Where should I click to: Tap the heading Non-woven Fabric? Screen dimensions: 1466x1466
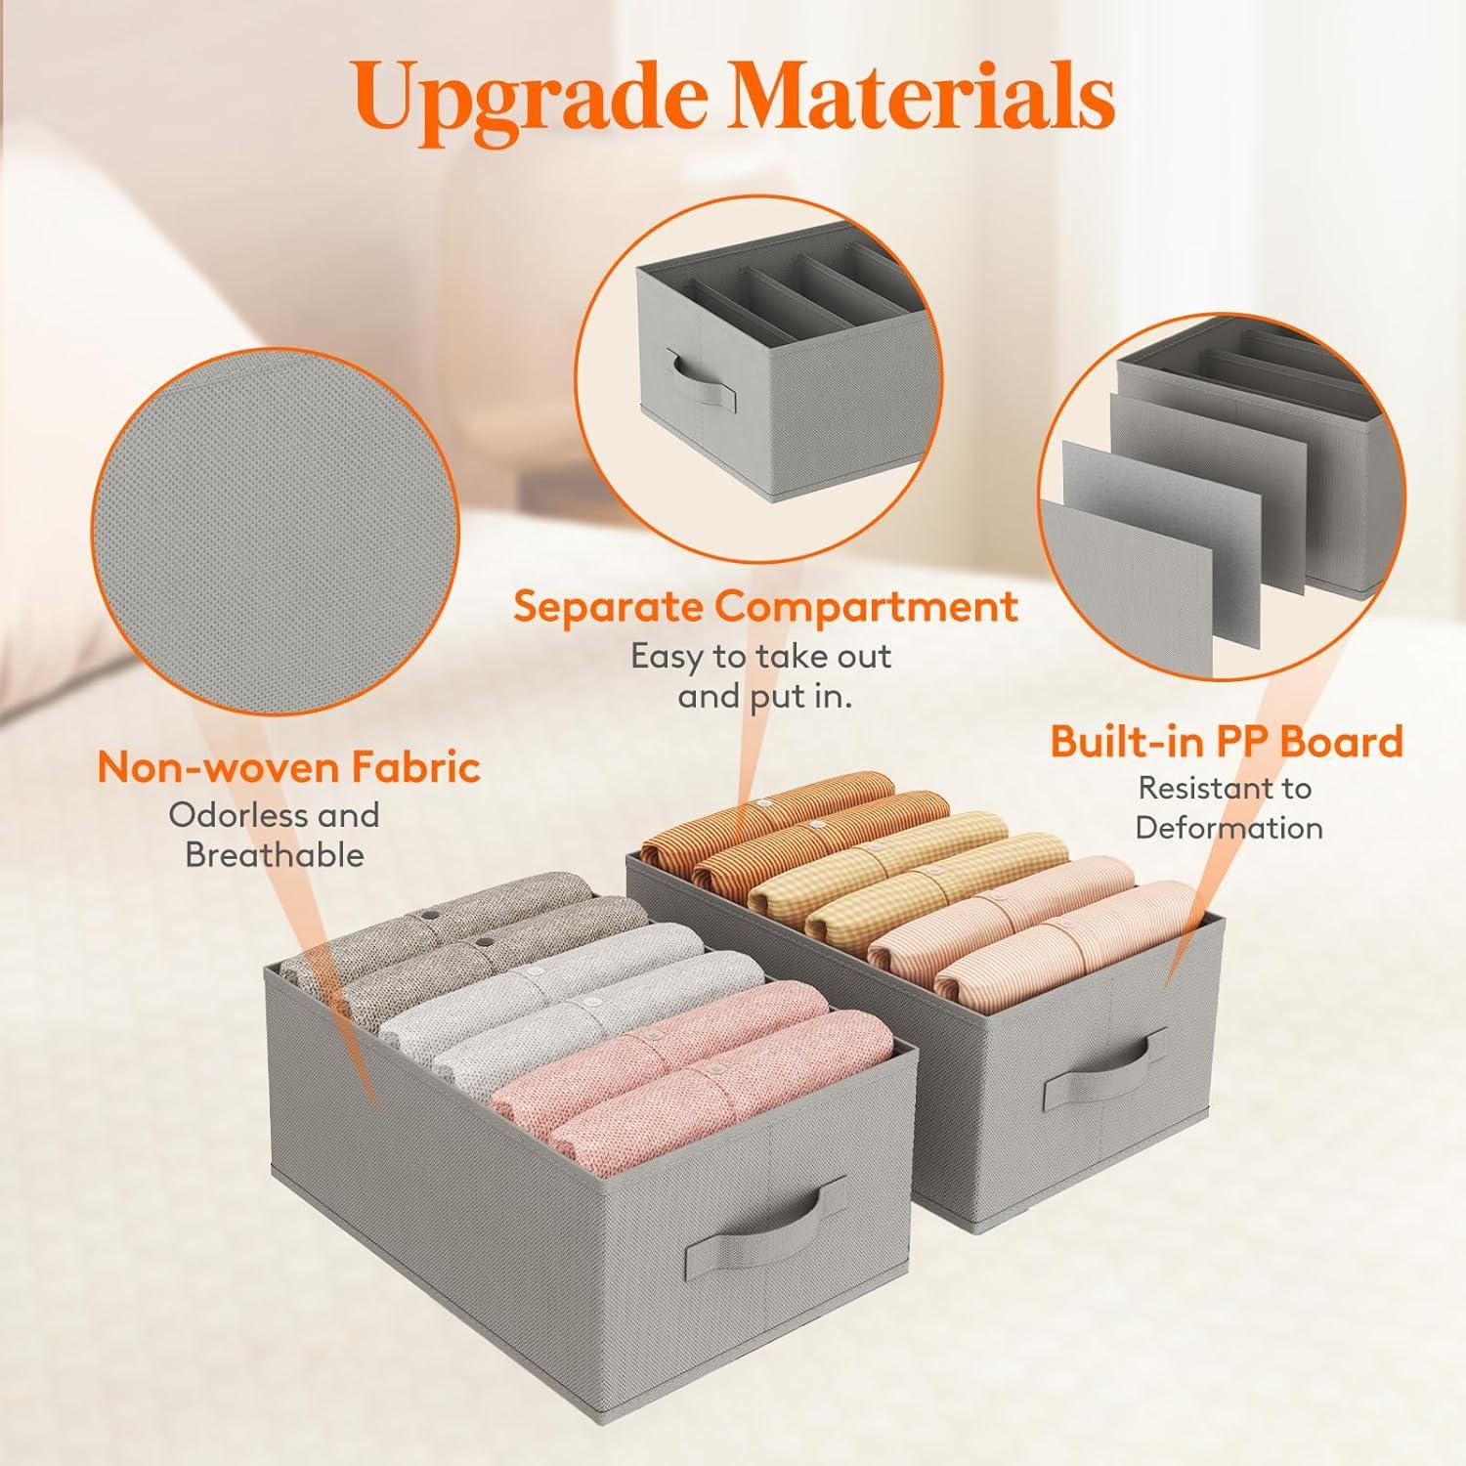(x=289, y=767)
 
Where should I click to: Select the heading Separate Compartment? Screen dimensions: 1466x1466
(x=766, y=607)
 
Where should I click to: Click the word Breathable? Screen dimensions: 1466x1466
(x=275, y=855)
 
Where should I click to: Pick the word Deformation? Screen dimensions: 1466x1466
(x=1229, y=828)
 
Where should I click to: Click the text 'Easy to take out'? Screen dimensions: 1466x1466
(x=761, y=656)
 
